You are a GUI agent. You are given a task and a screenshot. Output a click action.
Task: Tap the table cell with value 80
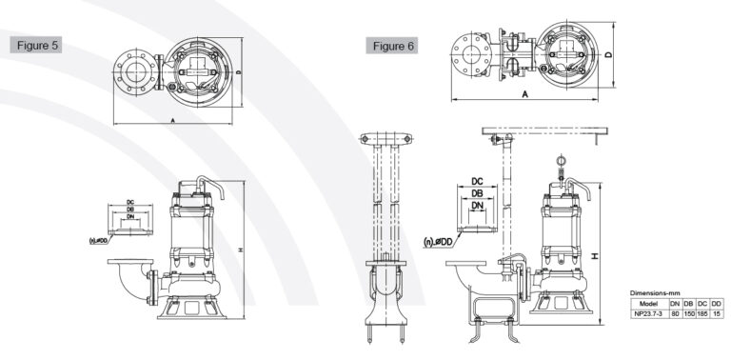[x=674, y=311]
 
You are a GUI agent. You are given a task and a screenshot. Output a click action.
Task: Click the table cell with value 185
[x=702, y=311]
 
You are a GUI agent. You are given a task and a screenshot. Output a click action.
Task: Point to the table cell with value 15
[x=716, y=311]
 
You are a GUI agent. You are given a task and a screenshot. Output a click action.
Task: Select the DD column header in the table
[x=716, y=302]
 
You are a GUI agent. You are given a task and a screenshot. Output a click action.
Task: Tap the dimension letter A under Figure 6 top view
[x=524, y=95]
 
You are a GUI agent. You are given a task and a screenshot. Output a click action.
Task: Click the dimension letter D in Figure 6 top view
[x=606, y=56]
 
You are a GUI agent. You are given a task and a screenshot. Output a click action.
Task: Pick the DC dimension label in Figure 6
[x=479, y=180]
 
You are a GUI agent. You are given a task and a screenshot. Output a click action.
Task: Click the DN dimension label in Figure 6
[x=479, y=206]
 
